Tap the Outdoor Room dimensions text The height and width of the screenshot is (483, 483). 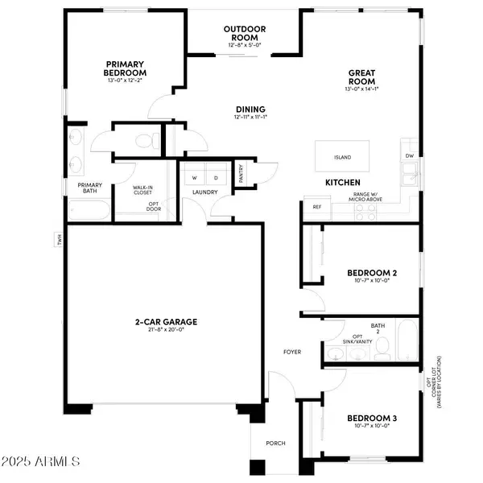[245, 44]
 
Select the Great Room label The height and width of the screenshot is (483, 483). [362, 76]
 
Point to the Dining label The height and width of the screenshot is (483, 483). [250, 109]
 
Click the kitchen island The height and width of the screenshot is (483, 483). [347, 157]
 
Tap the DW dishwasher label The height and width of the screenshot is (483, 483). [408, 155]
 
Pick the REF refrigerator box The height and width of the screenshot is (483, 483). [316, 207]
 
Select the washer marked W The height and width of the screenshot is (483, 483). [194, 176]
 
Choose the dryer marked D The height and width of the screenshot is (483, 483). [216, 176]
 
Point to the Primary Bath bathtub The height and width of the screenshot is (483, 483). [89, 211]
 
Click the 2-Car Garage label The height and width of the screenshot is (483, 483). [167, 322]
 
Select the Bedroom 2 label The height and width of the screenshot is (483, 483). [371, 274]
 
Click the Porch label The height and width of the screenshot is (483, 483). [276, 443]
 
